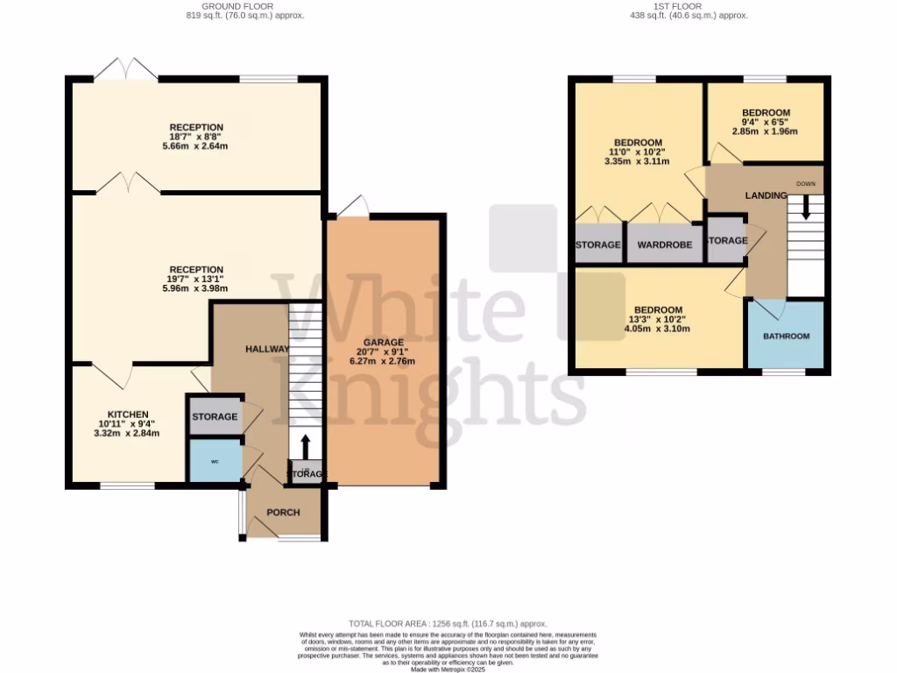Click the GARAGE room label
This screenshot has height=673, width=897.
(384, 342)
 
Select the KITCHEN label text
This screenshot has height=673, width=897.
(128, 414)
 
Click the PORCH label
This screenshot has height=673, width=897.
(283, 513)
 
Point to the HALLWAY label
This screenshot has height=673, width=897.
(267, 349)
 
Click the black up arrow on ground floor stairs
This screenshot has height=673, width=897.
(306, 444)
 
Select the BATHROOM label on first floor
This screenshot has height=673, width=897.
(786, 336)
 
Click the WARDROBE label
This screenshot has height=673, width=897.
(665, 244)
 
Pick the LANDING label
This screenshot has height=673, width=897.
(766, 195)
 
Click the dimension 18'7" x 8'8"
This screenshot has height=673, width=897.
(196, 137)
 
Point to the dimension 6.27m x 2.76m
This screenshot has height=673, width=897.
(384, 361)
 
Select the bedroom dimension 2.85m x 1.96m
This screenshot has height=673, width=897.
(766, 131)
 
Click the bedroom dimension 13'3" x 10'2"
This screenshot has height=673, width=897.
(658, 320)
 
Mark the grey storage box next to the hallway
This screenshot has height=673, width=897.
(215, 416)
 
